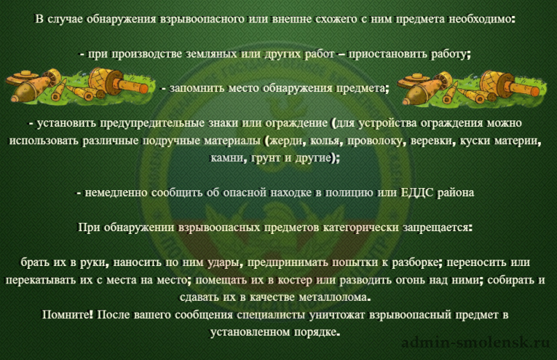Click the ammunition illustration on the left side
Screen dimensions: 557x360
(x=79, y=86)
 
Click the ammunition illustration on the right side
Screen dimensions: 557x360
(x=471, y=88)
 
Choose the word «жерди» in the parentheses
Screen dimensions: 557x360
(x=287, y=141)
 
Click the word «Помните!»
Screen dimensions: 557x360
(x=68, y=315)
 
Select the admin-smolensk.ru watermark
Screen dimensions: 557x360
(x=476, y=343)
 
